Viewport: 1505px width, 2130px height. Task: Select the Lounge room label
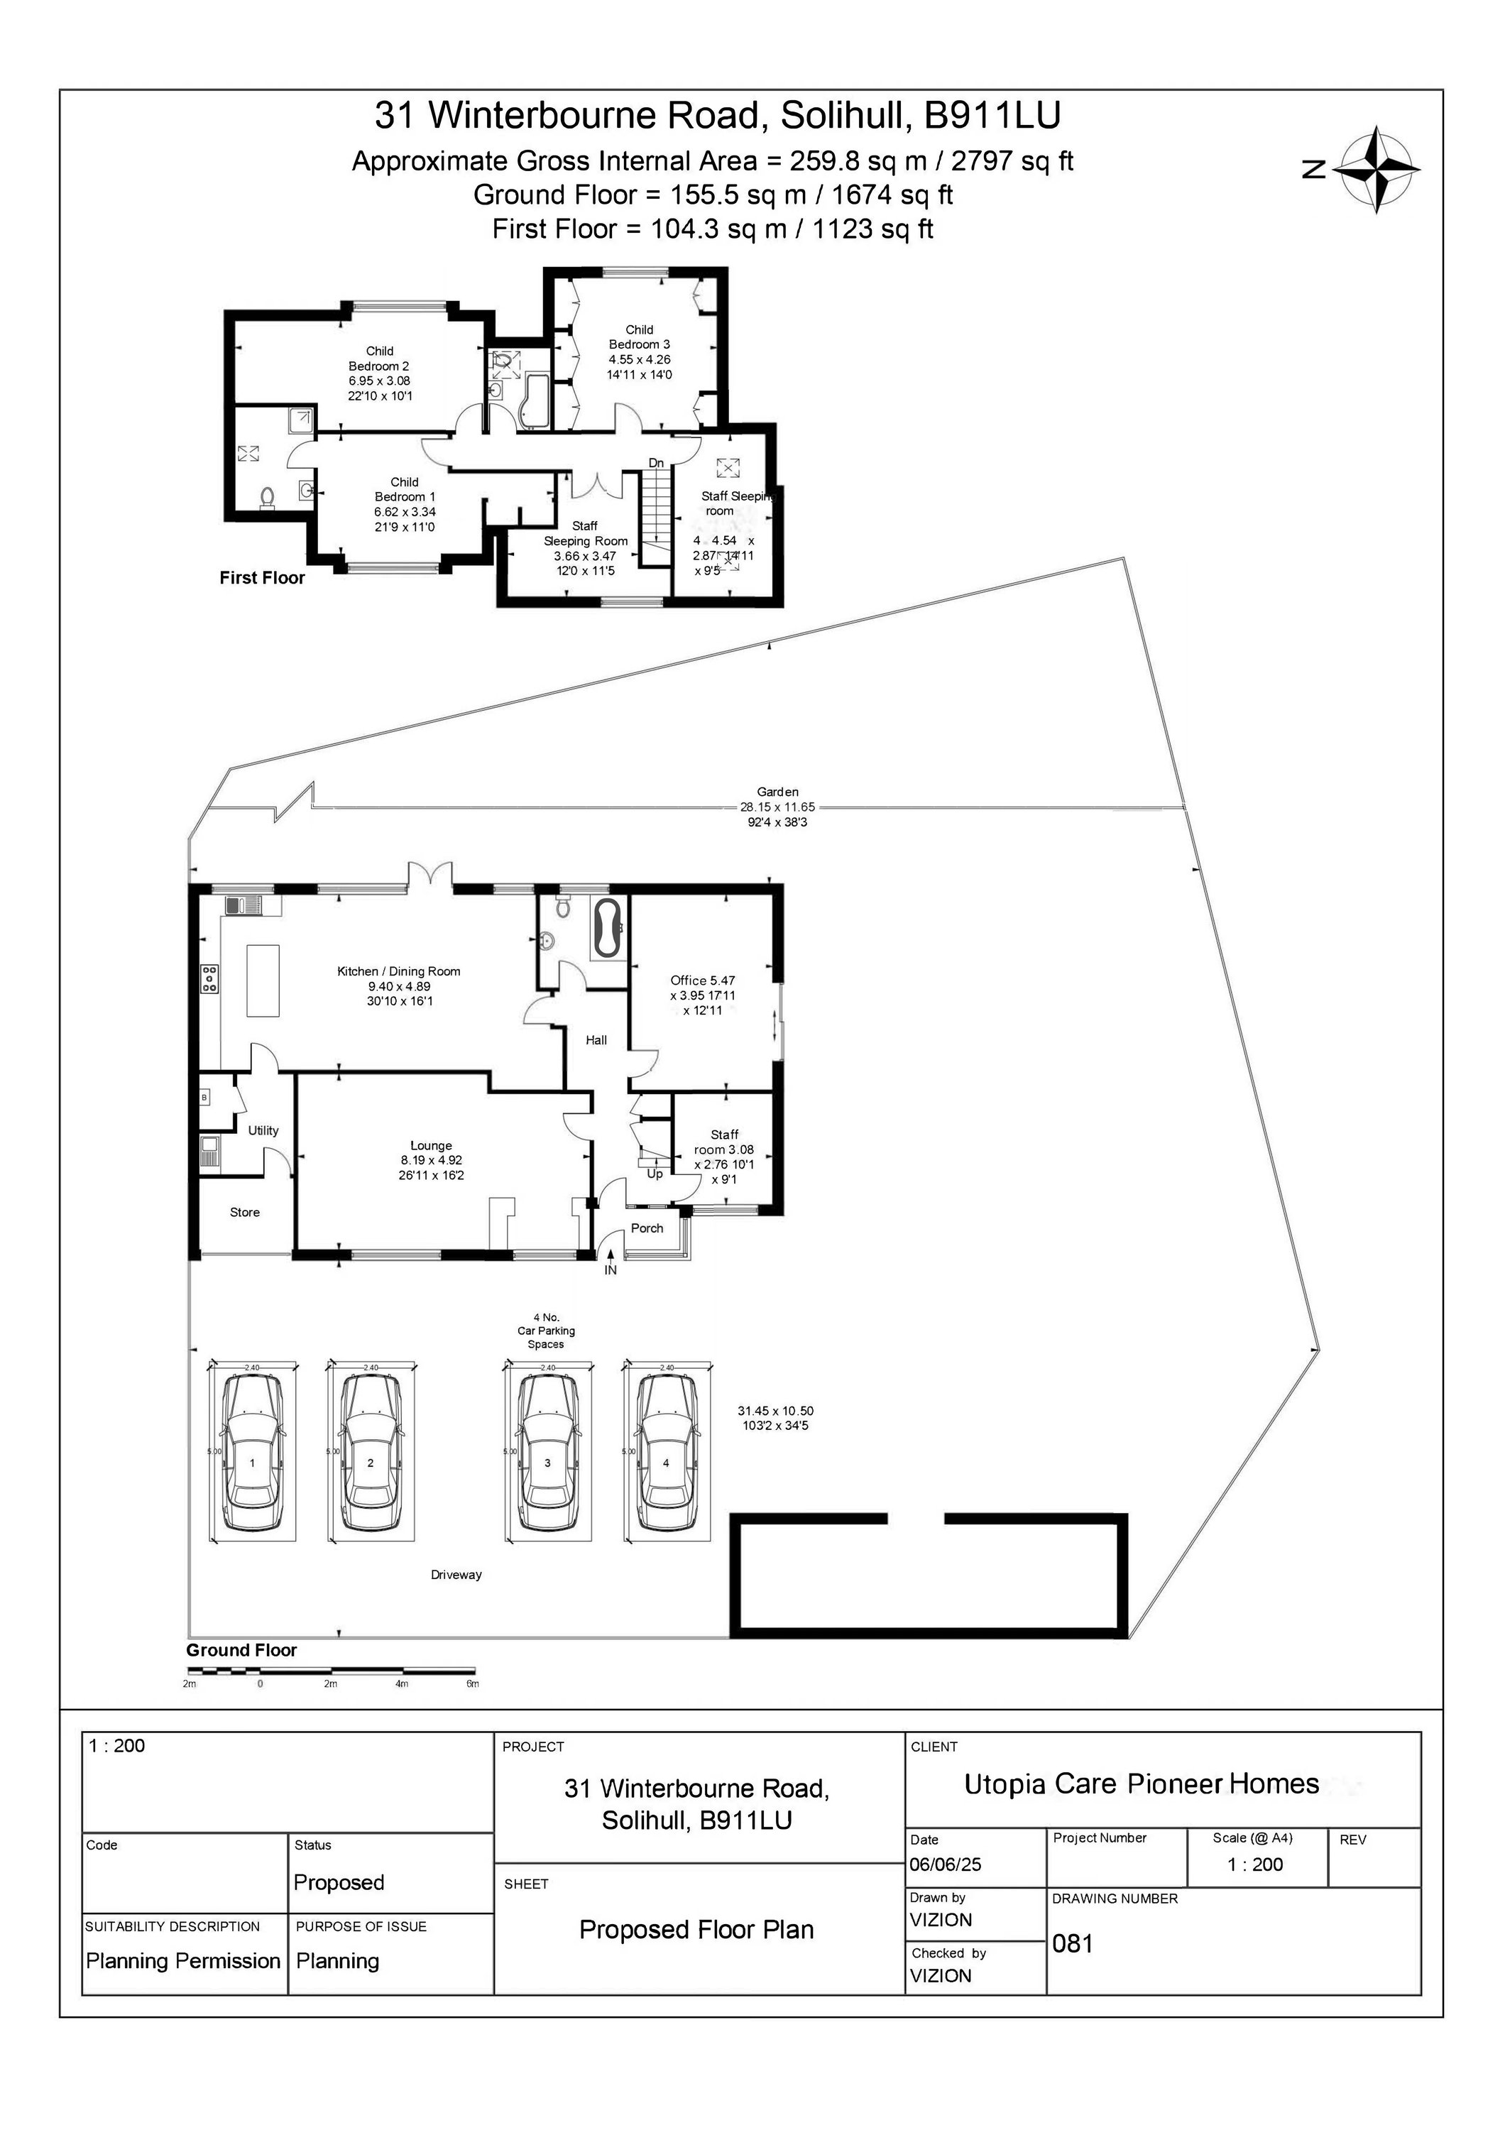pyautogui.click(x=431, y=1146)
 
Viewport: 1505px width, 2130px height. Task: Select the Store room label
pyautogui.click(x=245, y=1213)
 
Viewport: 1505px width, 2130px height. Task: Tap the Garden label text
pyautogui.click(x=777, y=792)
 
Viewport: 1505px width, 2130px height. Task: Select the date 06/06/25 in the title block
pyautogui.click(x=945, y=1864)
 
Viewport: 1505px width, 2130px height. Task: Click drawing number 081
pyautogui.click(x=1073, y=1943)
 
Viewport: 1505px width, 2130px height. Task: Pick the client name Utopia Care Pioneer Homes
pyautogui.click(x=1142, y=1784)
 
